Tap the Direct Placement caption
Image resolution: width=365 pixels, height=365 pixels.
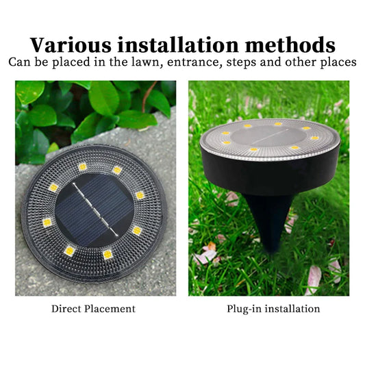pos(93,309)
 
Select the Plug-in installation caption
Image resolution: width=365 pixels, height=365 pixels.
pos(273,309)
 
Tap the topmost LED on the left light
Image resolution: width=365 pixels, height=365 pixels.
pos(83,166)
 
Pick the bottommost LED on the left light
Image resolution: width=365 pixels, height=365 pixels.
pos(108,254)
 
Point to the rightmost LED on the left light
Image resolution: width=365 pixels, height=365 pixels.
pos(140,195)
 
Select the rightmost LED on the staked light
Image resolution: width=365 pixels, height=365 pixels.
pos(314,138)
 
